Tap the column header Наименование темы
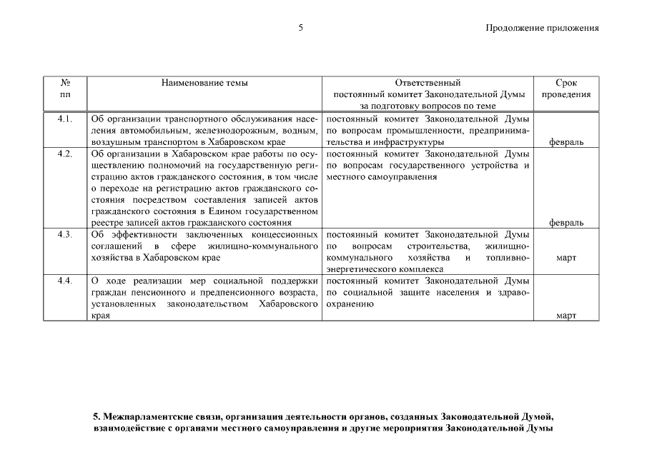(204, 83)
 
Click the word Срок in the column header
(565, 83)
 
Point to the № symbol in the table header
(65, 83)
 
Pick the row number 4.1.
(65, 119)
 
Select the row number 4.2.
(65, 154)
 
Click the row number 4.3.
(65, 234)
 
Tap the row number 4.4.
(65, 281)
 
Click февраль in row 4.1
(565, 142)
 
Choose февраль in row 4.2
(565, 222)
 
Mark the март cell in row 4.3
(565, 257)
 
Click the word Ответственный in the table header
(428, 83)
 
